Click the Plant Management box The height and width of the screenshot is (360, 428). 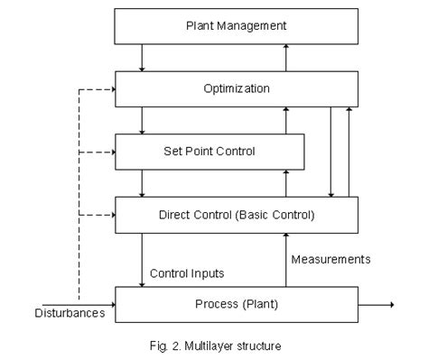click(237, 26)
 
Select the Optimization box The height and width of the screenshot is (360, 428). click(237, 88)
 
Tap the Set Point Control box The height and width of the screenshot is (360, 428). click(208, 151)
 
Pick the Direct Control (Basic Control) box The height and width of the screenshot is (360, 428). click(237, 215)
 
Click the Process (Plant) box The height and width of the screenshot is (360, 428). click(237, 304)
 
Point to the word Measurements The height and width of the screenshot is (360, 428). click(330, 259)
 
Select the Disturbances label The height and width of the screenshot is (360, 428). click(70, 314)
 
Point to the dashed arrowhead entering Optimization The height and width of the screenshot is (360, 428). click(112, 88)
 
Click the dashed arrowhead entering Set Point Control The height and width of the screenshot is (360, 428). click(112, 152)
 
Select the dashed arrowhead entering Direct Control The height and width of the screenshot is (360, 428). click(112, 215)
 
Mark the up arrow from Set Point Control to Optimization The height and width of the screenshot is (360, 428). click(287, 120)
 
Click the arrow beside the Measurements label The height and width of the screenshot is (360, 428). click(287, 259)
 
